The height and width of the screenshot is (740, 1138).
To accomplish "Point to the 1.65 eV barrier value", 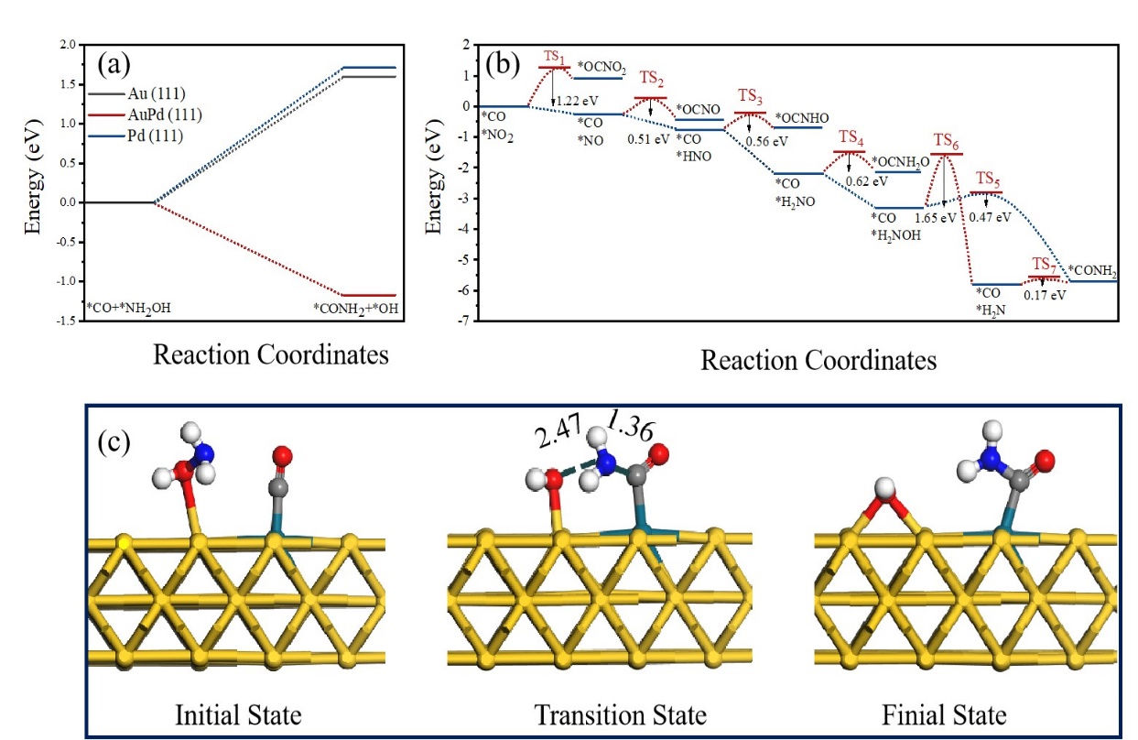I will tap(936, 218).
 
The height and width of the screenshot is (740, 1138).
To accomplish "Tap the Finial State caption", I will tap(944, 713).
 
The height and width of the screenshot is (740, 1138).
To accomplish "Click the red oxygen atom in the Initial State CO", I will tap(282, 455).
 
